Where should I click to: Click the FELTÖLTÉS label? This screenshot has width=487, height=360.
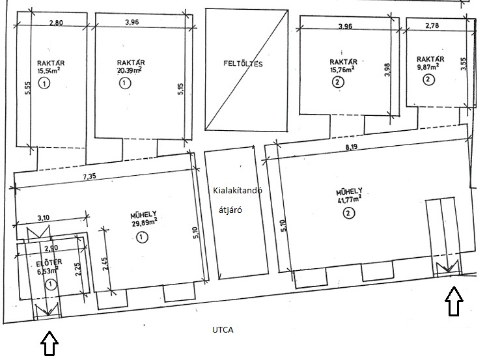pyautogui.click(x=243, y=64)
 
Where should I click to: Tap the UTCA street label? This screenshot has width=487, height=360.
pyautogui.click(x=223, y=329)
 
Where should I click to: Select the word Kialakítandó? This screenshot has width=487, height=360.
pyautogui.click(x=238, y=190)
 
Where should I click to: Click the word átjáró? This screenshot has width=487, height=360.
pyautogui.click(x=230, y=210)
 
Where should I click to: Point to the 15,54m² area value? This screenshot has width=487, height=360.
pyautogui.click(x=48, y=70)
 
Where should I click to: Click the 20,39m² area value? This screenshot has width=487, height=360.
pyautogui.click(x=129, y=70)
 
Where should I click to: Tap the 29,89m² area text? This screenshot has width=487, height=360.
pyautogui.click(x=143, y=222)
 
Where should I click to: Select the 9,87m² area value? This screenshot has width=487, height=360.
pyautogui.click(x=428, y=67)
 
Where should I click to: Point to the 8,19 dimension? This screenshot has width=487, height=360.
pyautogui.click(x=352, y=147)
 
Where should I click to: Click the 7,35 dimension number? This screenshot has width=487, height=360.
pyautogui.click(x=90, y=176)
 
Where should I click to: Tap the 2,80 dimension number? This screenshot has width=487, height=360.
pyautogui.click(x=56, y=22)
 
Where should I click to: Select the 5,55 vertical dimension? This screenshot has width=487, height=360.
pyautogui.click(x=27, y=89)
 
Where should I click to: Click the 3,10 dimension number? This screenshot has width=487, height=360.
pyautogui.click(x=44, y=217)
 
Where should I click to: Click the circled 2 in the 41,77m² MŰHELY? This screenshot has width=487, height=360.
pyautogui.click(x=348, y=213)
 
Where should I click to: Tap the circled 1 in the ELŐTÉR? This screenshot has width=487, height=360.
pyautogui.click(x=51, y=284)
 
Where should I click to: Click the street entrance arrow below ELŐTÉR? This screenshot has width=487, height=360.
pyautogui.click(x=49, y=343)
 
